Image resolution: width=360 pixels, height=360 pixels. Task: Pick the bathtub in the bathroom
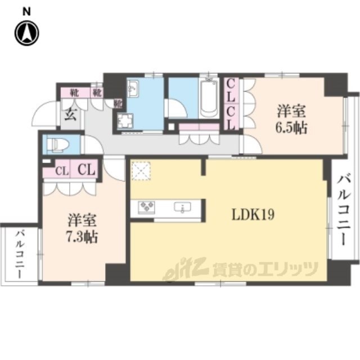tap(209, 100)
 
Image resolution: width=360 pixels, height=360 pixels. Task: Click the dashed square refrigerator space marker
tap(139, 169)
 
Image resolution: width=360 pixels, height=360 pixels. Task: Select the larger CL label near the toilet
tap(85, 169)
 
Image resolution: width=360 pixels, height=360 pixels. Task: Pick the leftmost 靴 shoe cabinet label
tap(74, 91)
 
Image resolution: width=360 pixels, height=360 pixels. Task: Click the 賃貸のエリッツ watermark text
tap(264, 269)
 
